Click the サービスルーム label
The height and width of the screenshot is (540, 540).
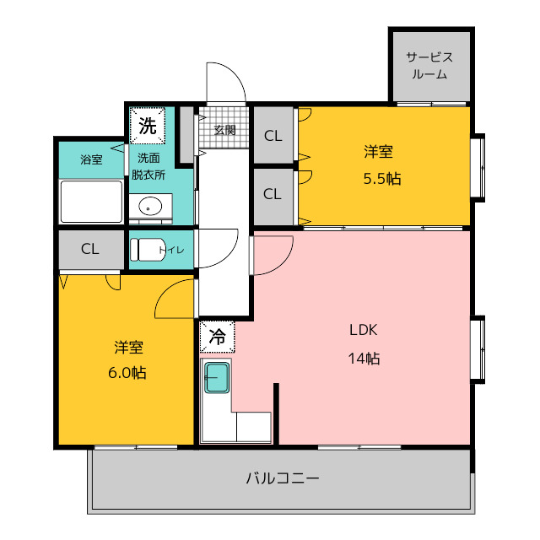point(429,66)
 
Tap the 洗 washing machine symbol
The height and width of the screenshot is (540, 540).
point(148,126)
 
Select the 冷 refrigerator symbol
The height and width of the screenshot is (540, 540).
point(218,337)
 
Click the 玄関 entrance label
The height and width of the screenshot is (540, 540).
point(224,130)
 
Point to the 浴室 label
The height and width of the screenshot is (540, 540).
point(91,159)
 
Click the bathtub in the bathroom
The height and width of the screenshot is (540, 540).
point(91,202)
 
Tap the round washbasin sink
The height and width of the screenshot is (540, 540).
point(150,207)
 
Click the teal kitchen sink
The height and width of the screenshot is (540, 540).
point(217,378)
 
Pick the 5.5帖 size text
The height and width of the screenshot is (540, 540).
point(382,179)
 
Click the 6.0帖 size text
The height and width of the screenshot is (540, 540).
point(127,373)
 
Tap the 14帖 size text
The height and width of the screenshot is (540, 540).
point(364,359)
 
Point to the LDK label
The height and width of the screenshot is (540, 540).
point(364,330)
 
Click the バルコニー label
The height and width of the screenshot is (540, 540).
point(283,478)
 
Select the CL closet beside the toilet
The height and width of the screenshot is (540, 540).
point(91,250)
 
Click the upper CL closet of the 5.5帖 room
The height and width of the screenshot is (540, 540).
point(273,135)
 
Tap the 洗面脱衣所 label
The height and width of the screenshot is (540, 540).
point(148,166)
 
